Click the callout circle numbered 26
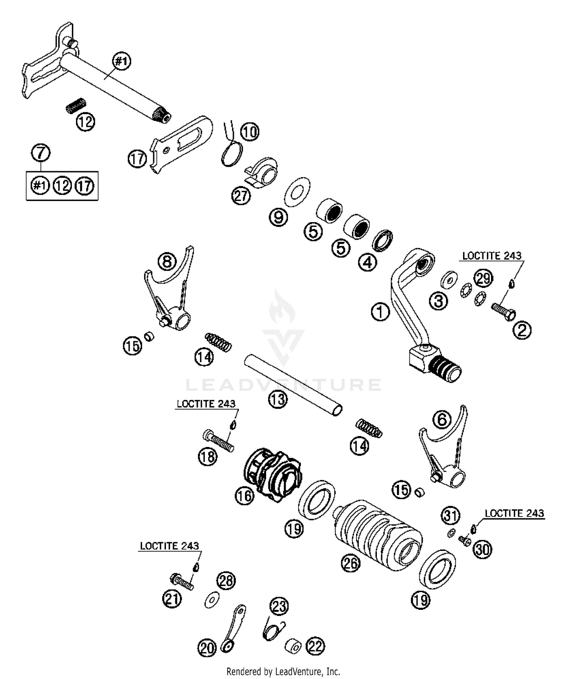pos(350,563)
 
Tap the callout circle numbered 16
pos(244,495)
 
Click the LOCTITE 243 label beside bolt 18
pos(206,404)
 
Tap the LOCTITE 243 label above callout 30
pos(514,513)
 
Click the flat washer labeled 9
pos(297,191)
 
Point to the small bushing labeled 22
pos(293,646)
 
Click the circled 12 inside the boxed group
pos(62,186)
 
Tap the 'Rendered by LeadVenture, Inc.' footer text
pos(283,671)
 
